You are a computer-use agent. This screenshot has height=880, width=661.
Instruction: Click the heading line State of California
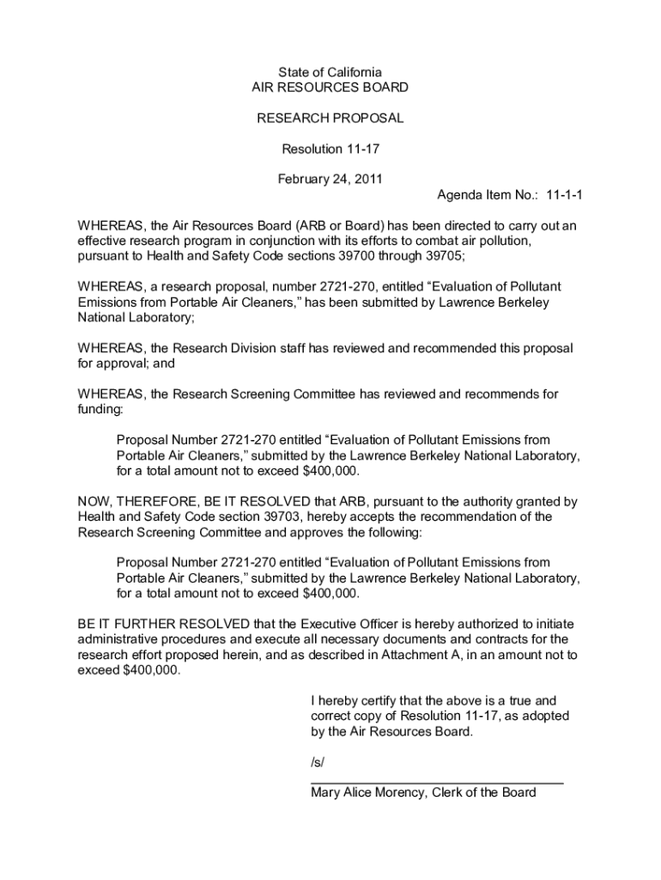[x=330, y=72]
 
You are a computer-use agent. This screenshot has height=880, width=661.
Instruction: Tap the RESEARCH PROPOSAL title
[x=330, y=118]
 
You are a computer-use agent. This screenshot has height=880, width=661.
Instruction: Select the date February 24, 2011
[x=330, y=180]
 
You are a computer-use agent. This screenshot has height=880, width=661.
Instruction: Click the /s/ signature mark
[x=318, y=762]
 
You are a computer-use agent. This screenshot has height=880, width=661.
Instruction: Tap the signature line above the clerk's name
[x=436, y=782]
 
